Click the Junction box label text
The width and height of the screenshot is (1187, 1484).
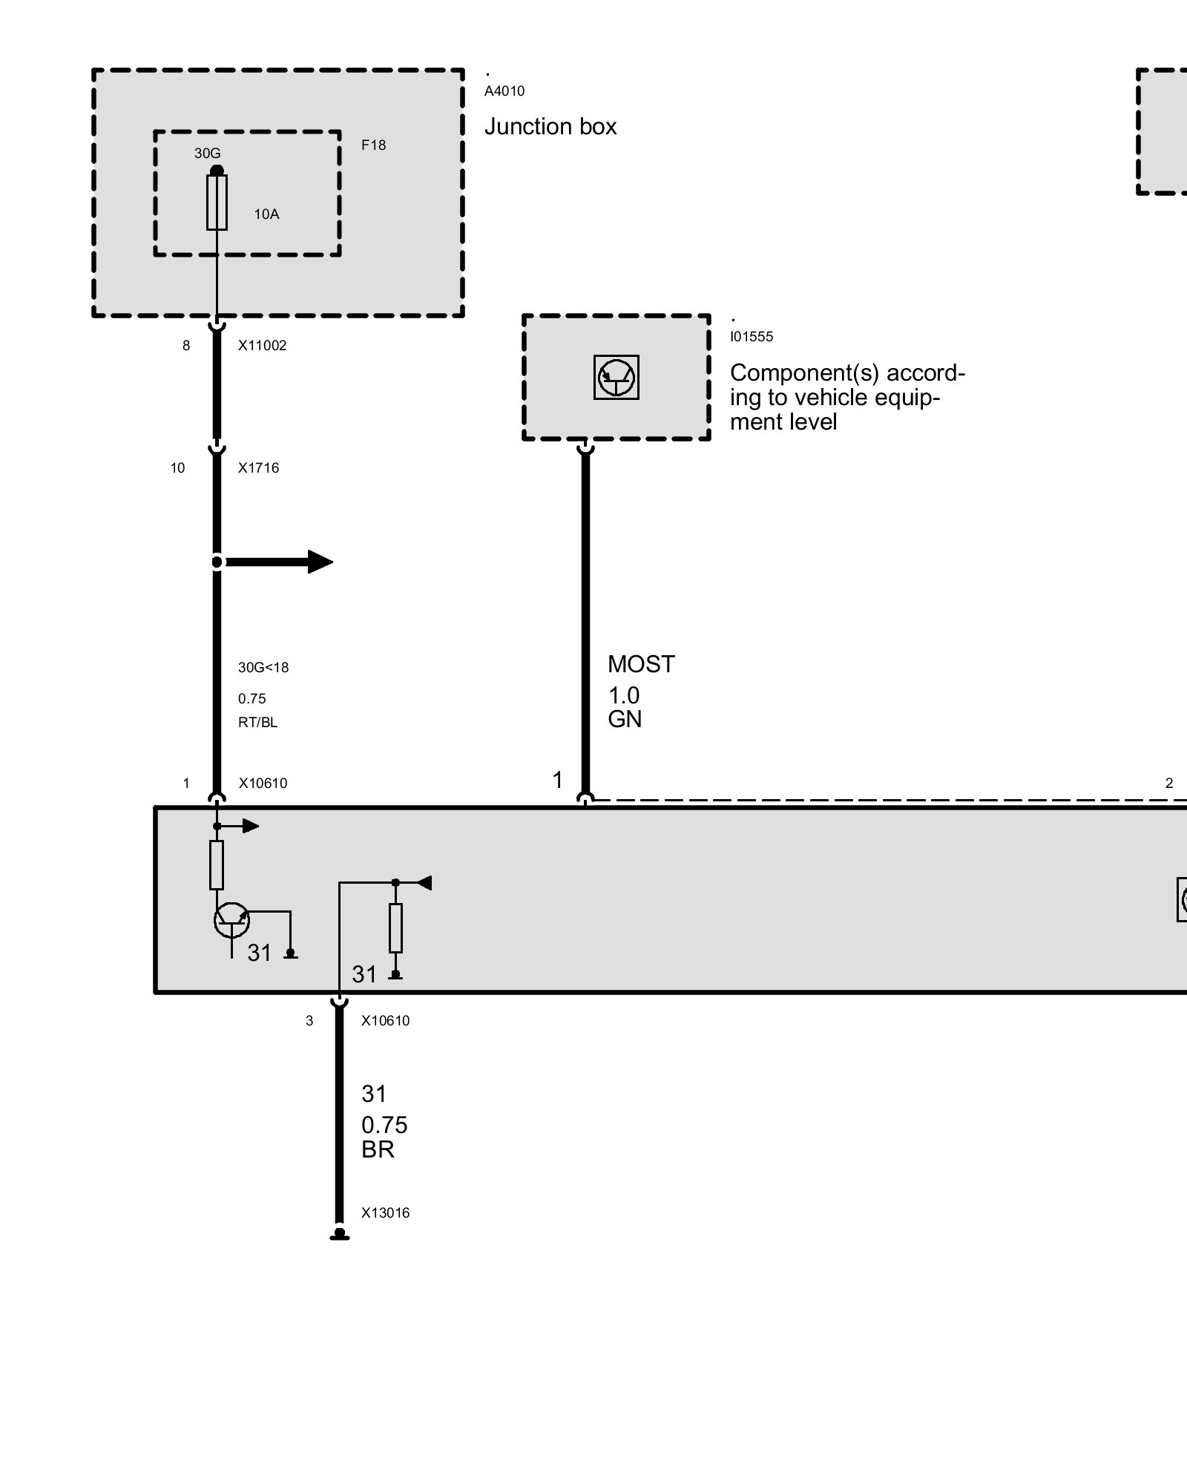(550, 127)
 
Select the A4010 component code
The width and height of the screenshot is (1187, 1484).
(504, 91)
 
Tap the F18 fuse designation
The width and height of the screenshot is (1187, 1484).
(374, 145)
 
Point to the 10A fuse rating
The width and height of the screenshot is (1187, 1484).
(266, 214)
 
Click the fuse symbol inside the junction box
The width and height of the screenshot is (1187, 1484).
(217, 203)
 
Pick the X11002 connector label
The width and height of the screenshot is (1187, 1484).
(262, 346)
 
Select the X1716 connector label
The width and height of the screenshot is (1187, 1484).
(258, 468)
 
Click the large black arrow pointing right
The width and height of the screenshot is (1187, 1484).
(279, 562)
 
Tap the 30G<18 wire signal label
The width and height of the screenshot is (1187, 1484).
(263, 668)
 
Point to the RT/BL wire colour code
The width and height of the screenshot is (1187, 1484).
(257, 723)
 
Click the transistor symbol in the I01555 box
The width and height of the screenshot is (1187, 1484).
(616, 378)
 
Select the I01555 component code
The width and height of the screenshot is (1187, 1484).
(752, 337)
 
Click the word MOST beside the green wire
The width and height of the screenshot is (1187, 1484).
(641, 664)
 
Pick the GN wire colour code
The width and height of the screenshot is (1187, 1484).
(625, 719)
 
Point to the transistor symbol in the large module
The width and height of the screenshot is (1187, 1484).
(231, 920)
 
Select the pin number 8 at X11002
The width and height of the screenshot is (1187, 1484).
(186, 346)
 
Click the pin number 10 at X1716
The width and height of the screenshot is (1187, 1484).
(177, 468)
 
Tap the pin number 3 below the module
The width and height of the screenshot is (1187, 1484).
(309, 1021)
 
